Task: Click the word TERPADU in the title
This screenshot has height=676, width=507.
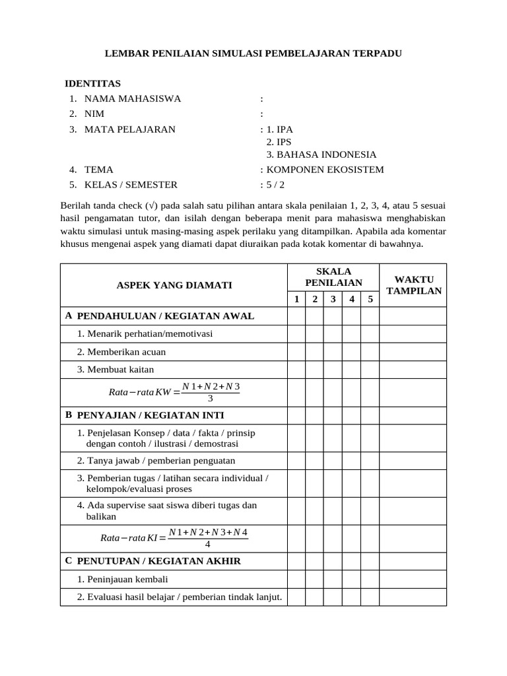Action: (x=372, y=53)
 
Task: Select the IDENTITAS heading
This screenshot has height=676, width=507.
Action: (x=92, y=84)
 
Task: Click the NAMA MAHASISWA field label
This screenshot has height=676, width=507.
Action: (x=132, y=99)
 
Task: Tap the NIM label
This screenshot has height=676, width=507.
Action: (x=95, y=114)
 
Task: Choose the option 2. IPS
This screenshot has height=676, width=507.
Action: (x=279, y=142)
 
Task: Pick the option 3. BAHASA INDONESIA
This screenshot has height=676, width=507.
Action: (x=321, y=155)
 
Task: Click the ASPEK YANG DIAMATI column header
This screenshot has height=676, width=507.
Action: (x=174, y=285)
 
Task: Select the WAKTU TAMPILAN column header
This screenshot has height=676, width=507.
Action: (x=413, y=285)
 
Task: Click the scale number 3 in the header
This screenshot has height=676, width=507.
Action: (x=333, y=299)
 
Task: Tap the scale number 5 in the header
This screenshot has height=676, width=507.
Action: (x=370, y=299)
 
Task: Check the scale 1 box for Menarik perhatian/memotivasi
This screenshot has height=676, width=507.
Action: (x=296, y=334)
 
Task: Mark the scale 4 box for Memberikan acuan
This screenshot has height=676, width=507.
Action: (x=352, y=352)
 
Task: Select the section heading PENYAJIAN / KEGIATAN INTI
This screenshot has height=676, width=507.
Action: (x=151, y=415)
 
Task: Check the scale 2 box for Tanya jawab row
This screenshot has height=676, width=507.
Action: (x=315, y=461)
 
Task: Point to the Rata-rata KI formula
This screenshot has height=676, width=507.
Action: (x=174, y=538)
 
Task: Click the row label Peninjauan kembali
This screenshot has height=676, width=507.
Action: (x=123, y=580)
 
